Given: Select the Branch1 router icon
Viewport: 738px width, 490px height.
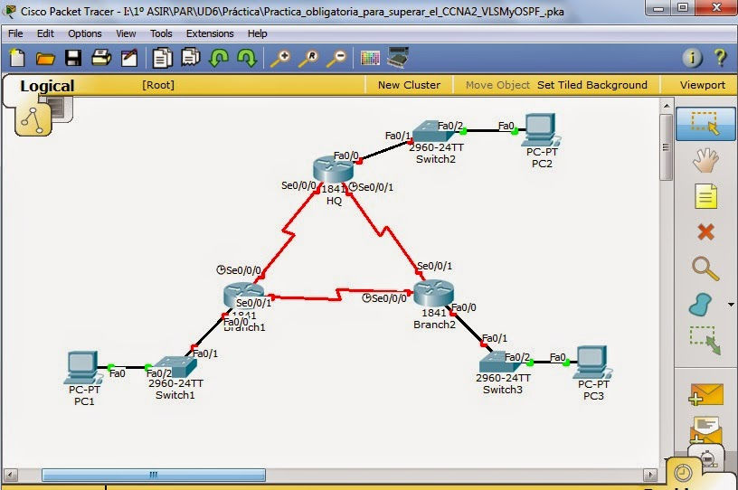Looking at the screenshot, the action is tap(243, 296).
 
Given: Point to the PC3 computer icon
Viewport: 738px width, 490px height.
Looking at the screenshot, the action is tap(591, 362).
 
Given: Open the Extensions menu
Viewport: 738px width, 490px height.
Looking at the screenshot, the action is tap(210, 33).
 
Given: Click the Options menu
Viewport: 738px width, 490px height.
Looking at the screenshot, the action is tap(85, 33).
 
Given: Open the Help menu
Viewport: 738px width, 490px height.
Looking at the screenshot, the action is tap(257, 33).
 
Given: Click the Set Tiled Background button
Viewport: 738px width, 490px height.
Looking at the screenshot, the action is tap(592, 85).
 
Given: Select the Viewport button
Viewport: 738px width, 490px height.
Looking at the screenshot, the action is tap(703, 85).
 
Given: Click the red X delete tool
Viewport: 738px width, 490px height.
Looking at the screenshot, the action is tap(705, 232).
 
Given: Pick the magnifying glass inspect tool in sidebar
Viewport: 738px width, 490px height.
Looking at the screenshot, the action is tap(705, 269).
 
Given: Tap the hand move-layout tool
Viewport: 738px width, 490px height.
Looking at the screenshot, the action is tap(705, 160).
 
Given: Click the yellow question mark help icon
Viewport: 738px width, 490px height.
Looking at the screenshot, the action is tap(720, 58).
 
